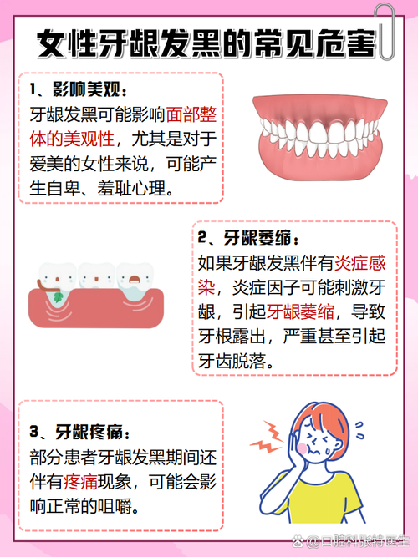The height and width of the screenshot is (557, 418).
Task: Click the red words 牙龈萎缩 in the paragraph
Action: pos(296,311)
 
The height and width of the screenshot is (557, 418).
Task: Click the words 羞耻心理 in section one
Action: pos(142,189)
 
